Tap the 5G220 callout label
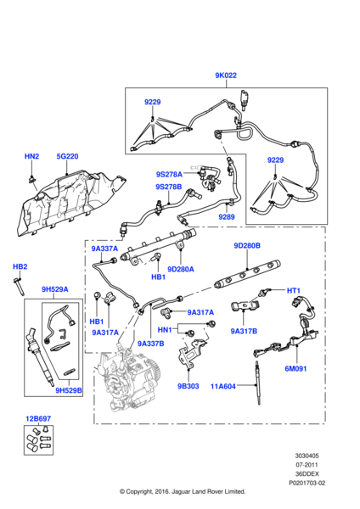[67, 156]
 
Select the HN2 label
[31, 156]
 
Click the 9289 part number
[226, 217]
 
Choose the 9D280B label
[247, 245]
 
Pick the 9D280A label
[181, 269]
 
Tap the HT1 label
[294, 291]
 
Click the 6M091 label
[295, 368]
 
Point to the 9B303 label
[188, 386]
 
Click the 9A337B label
[150, 344]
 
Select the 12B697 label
[38, 419]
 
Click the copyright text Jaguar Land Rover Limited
[183, 491]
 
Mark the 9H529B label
[69, 390]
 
